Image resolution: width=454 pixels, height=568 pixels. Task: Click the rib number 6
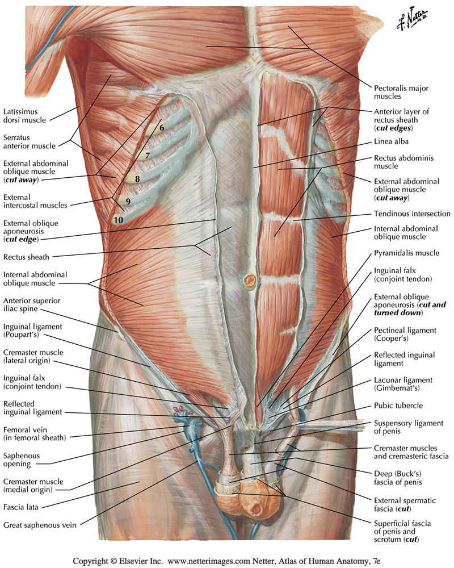point(162,127)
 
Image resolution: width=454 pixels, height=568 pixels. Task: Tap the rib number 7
point(147,155)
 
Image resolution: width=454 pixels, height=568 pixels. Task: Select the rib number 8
point(137,178)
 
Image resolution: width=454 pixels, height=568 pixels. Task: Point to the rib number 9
point(128,201)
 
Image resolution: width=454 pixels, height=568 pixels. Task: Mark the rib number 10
point(119,219)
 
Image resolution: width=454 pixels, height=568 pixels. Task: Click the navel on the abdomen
point(249,279)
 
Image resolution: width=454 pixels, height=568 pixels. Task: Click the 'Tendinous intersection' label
point(412,214)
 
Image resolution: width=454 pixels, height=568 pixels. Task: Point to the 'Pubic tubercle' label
point(398,406)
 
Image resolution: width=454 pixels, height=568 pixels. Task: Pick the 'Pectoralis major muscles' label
point(401,93)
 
